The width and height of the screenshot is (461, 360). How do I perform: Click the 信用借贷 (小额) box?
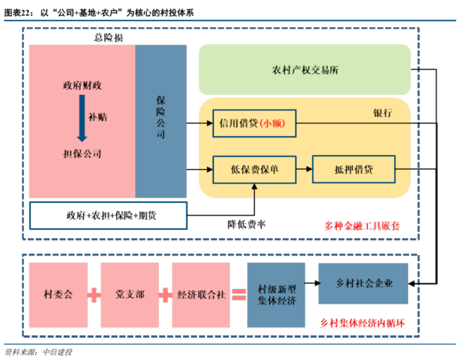[255, 124]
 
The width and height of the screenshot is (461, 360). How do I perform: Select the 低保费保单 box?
[254, 170]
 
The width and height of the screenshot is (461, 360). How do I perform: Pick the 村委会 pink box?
[59, 293]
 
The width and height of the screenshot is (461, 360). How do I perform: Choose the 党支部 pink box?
[130, 293]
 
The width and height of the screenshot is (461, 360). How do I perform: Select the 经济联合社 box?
[200, 293]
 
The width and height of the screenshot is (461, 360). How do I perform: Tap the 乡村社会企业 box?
[363, 283]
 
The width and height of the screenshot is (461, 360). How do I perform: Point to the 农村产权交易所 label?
[305, 70]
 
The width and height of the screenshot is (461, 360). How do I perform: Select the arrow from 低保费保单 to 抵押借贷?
[303, 170]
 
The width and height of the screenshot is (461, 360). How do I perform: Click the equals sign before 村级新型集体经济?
[239, 293]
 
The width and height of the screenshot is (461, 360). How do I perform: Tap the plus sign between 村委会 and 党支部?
[94, 293]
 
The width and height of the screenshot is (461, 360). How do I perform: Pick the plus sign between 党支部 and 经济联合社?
[165, 293]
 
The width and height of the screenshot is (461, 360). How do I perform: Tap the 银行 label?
[381, 113]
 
